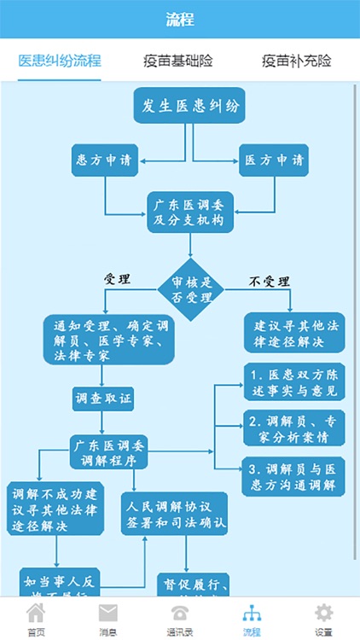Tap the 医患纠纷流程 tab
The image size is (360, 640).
[60, 61]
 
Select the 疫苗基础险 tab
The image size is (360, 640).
[178, 61]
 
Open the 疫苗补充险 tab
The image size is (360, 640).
[296, 61]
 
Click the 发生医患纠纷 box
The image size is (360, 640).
[189, 107]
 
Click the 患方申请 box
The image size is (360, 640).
[105, 160]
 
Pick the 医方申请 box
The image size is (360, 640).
[273, 160]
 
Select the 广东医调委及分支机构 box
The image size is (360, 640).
[189, 212]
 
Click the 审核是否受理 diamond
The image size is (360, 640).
[190, 291]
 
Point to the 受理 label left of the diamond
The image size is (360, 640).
[117, 279]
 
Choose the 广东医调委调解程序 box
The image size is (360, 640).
[108, 451]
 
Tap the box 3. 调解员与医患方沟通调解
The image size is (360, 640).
[293, 477]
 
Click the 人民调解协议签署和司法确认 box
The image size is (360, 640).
[174, 512]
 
